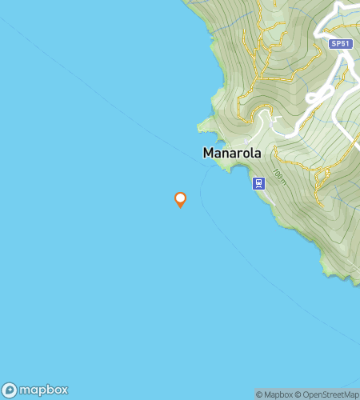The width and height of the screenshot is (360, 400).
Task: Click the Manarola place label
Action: coord(232,152)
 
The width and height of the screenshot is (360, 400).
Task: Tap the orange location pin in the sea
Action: coord(181,199)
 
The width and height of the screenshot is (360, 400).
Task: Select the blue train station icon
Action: coord(258,183)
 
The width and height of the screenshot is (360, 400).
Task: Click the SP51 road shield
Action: coord(340,44)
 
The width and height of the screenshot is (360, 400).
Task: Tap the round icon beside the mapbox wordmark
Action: coord(10,390)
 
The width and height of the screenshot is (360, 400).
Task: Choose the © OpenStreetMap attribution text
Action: coord(329,394)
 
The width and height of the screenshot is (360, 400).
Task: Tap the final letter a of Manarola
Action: coord(257,152)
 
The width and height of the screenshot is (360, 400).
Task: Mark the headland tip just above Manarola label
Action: coord(201,126)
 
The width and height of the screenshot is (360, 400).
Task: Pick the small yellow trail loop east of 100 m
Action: coord(321,173)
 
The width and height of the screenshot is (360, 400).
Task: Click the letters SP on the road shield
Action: coord(336,44)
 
